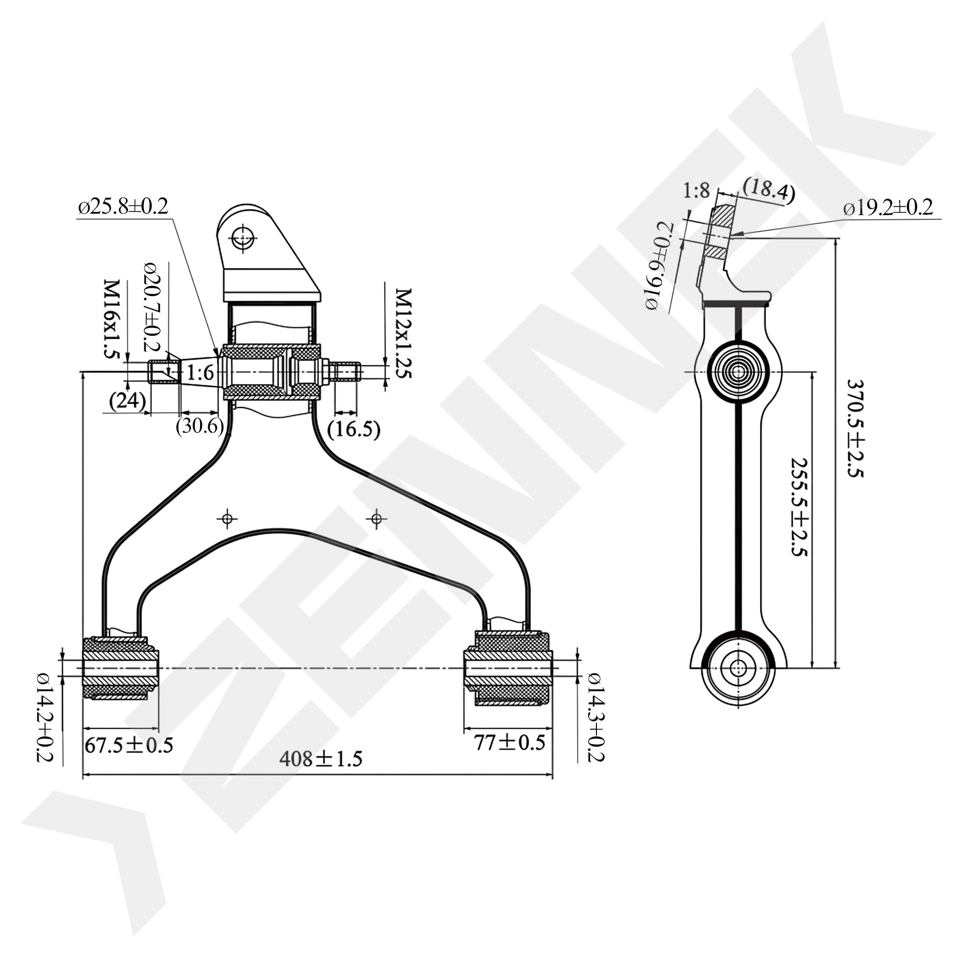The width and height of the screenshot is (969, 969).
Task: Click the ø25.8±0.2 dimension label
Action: pos(123,207)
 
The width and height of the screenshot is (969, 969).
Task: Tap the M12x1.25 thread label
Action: pos(403,333)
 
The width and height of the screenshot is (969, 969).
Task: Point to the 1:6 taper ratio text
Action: pos(201,373)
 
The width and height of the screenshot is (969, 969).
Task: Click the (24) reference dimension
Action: pos(127,401)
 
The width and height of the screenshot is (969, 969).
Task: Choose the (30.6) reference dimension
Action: pos(200,426)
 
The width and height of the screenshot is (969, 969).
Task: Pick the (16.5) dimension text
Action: pos(354,429)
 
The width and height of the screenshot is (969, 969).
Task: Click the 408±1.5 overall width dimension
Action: pos(321,758)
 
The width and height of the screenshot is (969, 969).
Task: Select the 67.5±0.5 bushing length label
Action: pos(129,745)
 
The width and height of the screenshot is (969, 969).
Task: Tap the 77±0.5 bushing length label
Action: pos(510,743)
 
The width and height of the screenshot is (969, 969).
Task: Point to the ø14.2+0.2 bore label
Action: pos(45,718)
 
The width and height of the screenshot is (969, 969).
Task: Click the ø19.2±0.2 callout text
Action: pos(888,207)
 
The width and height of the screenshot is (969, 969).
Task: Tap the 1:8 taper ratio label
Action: pos(697,190)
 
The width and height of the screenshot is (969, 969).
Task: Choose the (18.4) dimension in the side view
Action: pos(768,190)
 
